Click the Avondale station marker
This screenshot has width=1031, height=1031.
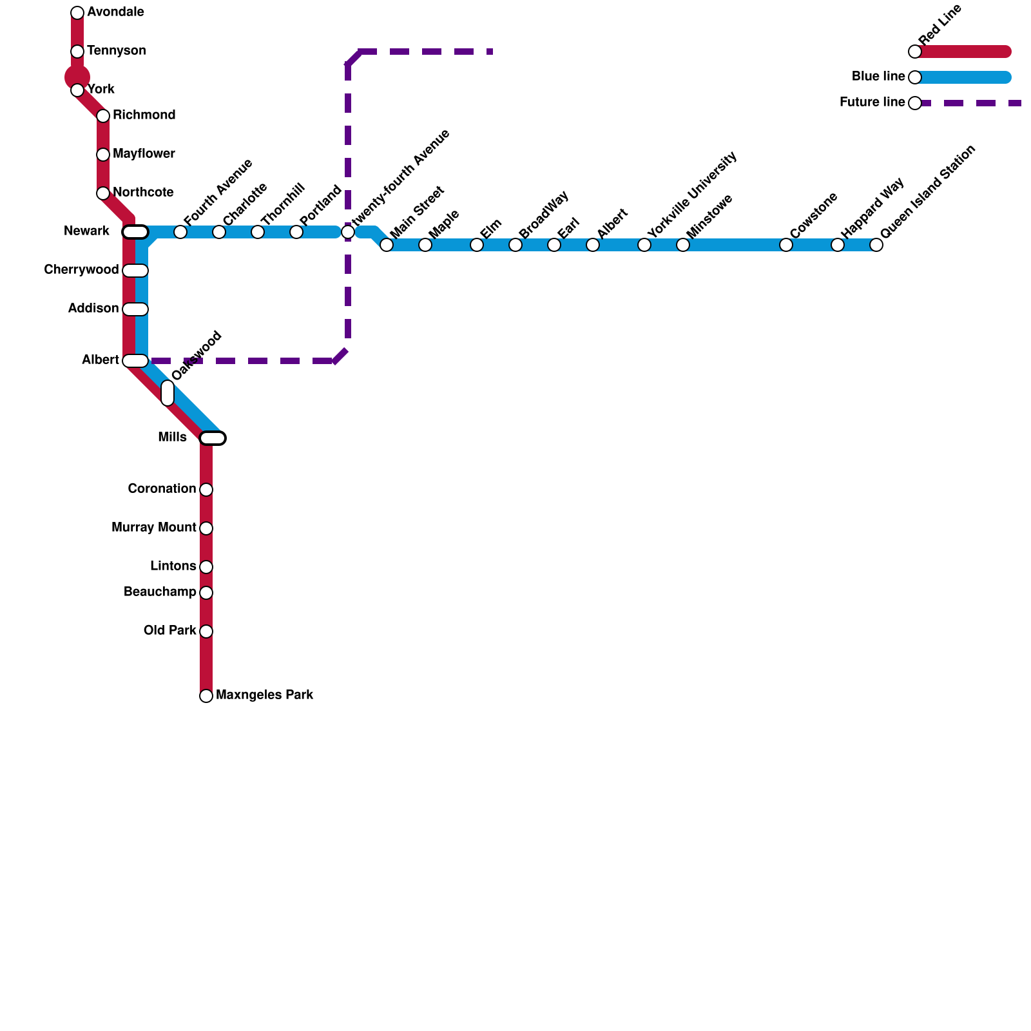77,13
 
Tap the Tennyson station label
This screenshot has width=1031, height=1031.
116,51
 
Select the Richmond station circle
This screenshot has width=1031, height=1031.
103,116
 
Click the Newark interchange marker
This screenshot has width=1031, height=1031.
135,232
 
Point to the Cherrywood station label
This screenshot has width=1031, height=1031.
81,270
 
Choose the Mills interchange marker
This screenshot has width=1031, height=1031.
213,438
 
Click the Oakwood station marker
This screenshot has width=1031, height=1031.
168,393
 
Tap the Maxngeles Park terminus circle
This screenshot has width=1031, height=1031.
206,696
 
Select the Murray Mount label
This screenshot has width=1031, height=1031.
153,528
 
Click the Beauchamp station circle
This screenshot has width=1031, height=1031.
206,593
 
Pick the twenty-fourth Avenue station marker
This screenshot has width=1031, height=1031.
348,232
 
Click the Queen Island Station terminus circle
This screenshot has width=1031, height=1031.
876,245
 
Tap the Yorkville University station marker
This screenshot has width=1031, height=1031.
644,245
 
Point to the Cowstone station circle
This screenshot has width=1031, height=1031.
786,245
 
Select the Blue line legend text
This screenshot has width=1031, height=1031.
878,77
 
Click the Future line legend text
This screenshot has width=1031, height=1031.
871,102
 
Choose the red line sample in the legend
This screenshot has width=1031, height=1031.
963,52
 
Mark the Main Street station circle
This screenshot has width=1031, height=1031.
387,245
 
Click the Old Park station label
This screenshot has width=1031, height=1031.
169,630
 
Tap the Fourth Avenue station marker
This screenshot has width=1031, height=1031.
180,232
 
